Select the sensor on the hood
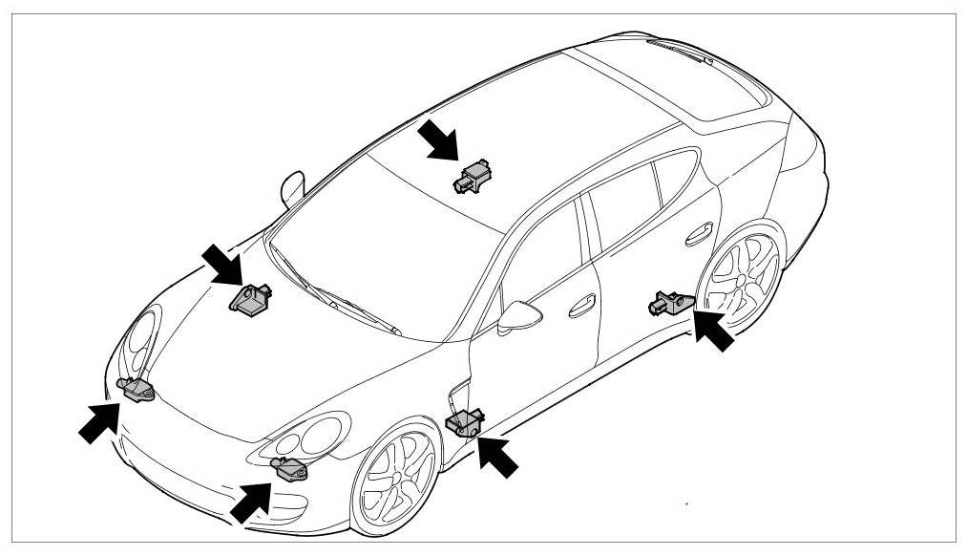(x=251, y=300)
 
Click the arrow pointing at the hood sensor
(x=221, y=263)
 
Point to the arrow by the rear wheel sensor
(x=714, y=329)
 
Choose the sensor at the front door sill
(x=466, y=421)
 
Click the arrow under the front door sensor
(x=498, y=455)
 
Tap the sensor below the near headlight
(x=289, y=468)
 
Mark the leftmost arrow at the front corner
(x=100, y=421)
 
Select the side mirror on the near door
(x=517, y=314)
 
